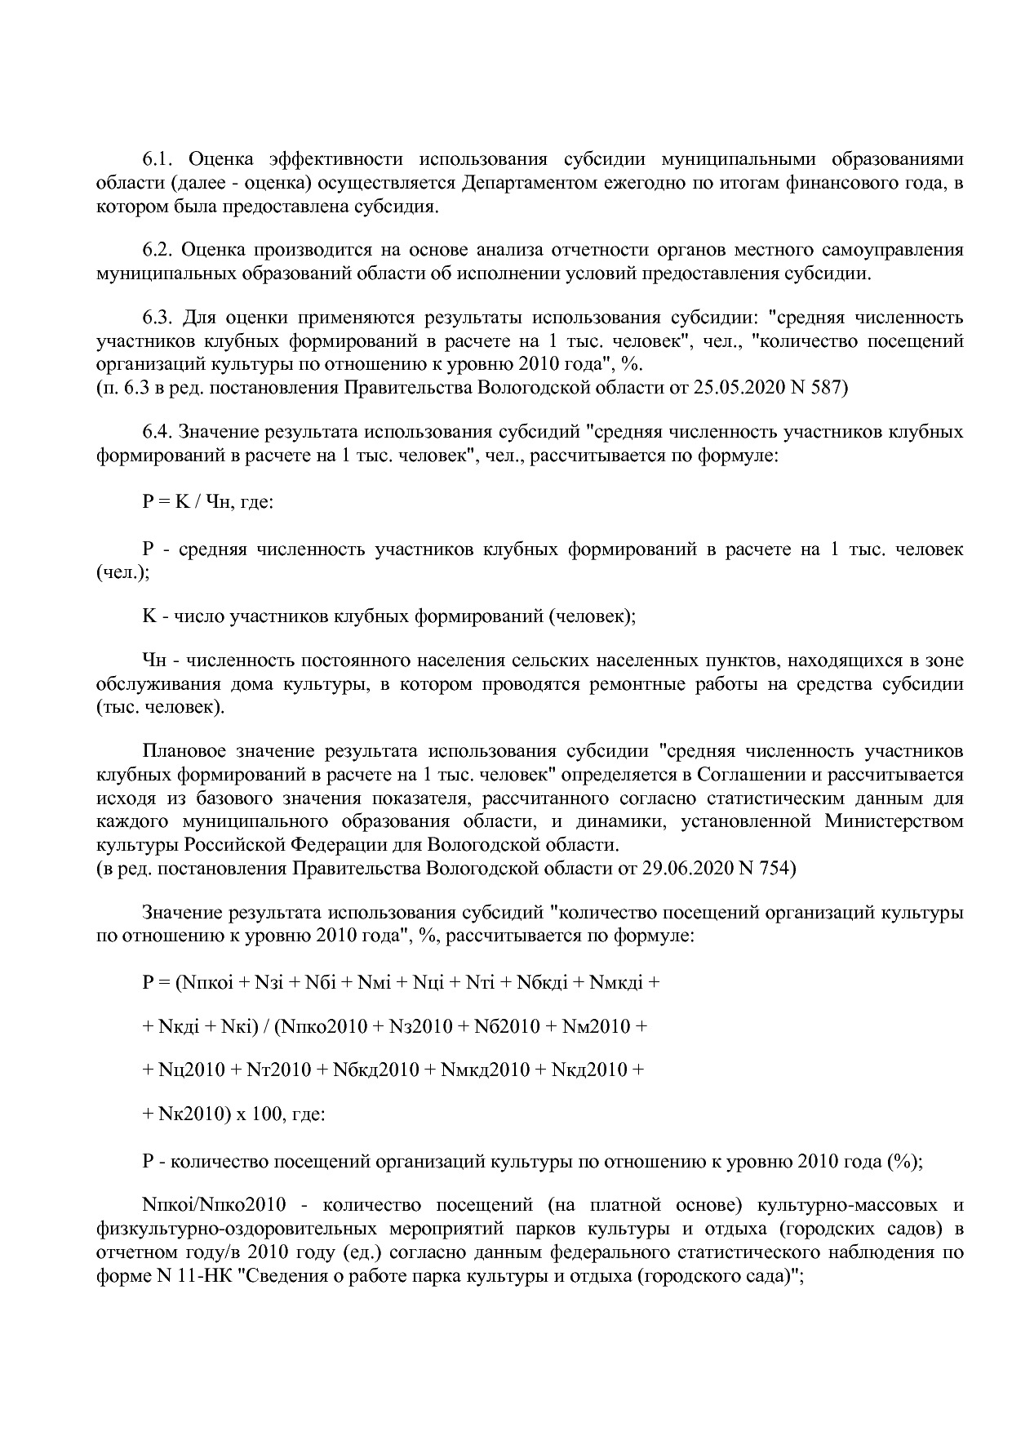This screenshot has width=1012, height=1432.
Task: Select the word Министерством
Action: coord(894,821)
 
